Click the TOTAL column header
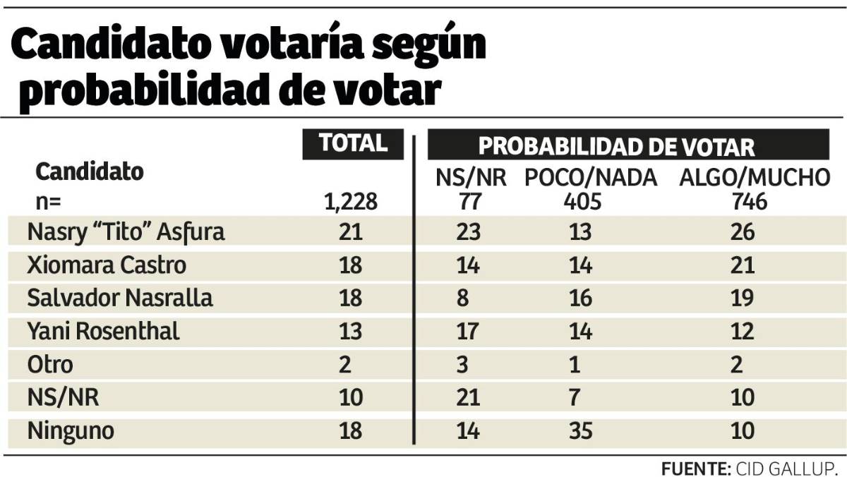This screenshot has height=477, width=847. click(x=353, y=143)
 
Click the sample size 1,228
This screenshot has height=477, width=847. click(x=352, y=203)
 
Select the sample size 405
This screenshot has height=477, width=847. click(x=582, y=203)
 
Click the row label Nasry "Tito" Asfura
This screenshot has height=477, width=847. click(x=126, y=232)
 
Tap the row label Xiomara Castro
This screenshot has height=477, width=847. click(x=107, y=265)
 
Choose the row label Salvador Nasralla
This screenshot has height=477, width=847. click(x=119, y=298)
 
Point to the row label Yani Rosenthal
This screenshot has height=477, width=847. click(x=103, y=331)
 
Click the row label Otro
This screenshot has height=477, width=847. click(x=49, y=364)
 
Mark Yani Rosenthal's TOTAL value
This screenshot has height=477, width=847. click(x=351, y=331)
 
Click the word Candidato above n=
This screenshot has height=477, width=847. click(x=90, y=171)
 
